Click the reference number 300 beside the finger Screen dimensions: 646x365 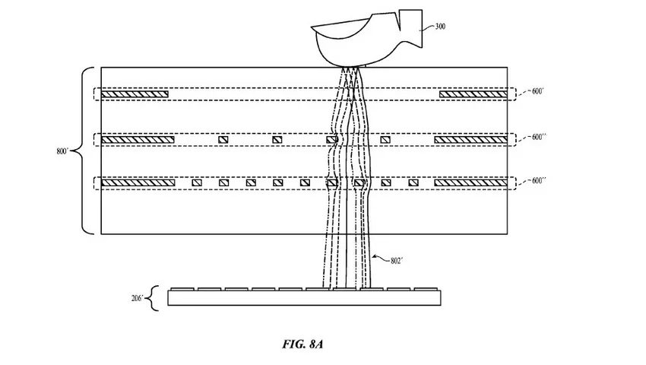tap(440, 27)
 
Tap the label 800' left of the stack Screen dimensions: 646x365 tap(62, 151)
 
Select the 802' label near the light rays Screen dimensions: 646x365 tap(396, 261)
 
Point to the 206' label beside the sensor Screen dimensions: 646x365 tap(138, 298)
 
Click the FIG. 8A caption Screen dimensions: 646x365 tap(302, 344)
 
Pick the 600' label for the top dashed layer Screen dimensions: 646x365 tap(537, 91)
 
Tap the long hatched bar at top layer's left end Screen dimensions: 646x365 tap(135, 94)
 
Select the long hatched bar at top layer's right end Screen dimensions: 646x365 tap(473, 94)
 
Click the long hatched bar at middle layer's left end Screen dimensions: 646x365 tap(138, 140)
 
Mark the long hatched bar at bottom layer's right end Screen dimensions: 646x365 tap(471, 182)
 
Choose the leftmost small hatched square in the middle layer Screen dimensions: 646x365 tap(223, 140)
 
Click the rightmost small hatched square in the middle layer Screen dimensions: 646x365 tap(385, 140)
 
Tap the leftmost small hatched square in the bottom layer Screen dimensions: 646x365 tap(197, 182)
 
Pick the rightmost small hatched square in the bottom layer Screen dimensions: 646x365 tap(413, 182)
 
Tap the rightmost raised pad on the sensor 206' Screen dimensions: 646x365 tap(426, 290)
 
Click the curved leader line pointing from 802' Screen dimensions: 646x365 tap(381, 259)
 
